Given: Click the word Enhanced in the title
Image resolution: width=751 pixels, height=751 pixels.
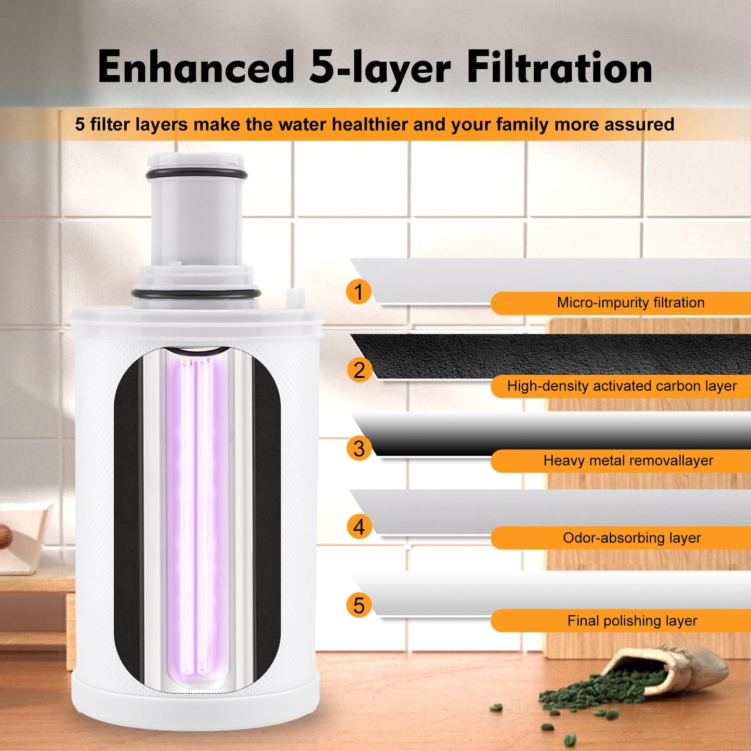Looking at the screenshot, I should pos(196,68).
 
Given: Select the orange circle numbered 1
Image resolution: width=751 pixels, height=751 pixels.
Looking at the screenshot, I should pos(359,292).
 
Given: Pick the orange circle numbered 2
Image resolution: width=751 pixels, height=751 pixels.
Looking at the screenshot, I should pos(359,370).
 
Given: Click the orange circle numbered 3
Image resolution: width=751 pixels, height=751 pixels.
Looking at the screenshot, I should pos(359,449).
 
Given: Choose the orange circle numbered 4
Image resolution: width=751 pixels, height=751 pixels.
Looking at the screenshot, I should pos(359,527).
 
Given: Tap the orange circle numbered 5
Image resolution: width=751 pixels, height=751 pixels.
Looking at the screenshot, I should pos(359,605).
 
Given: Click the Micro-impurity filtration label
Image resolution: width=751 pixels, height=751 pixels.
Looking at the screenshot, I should pos(630,302).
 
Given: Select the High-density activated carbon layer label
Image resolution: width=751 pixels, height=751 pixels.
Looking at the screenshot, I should pos(622,386).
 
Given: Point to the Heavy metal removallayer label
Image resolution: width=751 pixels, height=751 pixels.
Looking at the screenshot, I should pos(628,460).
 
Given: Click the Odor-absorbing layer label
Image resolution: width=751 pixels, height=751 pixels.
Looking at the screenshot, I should pos(631,538).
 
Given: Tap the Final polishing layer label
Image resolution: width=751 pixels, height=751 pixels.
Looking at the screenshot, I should pos(632,621).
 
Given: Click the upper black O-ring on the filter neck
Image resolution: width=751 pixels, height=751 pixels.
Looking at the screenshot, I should pos(196,174).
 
